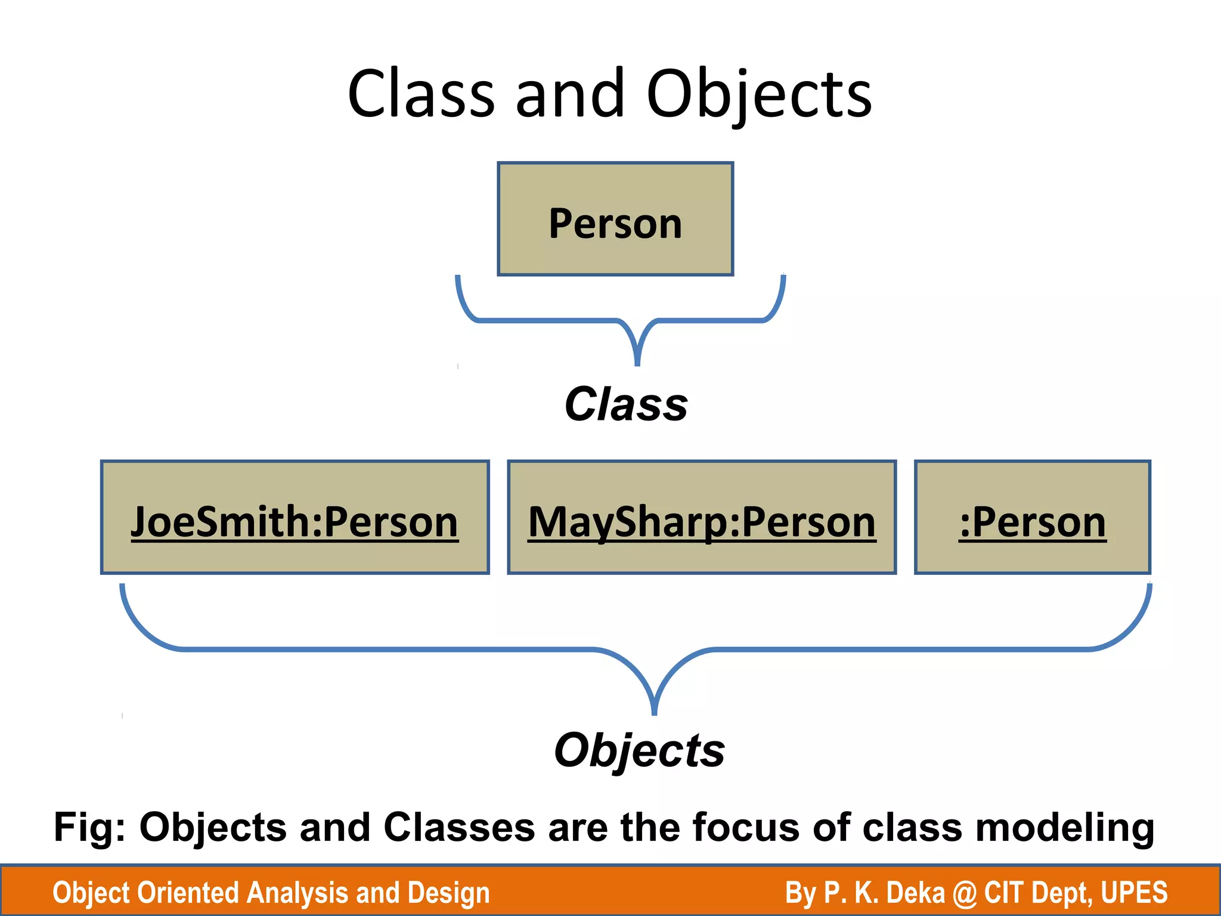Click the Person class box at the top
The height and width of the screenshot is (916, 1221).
(615, 219)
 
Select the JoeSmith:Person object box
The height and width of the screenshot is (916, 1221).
(295, 518)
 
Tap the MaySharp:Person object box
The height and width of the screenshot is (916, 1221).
(702, 518)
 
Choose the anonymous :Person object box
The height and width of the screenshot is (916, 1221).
(1033, 518)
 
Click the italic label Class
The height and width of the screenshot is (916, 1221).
(626, 404)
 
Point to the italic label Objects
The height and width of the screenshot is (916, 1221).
(639, 750)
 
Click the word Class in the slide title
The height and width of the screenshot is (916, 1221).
(421, 94)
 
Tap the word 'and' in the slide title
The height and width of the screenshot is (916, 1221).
(570, 94)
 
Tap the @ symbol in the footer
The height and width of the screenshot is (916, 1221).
(964, 893)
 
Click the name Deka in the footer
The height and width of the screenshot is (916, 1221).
(916, 893)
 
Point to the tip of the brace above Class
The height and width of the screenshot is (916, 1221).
(637, 363)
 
